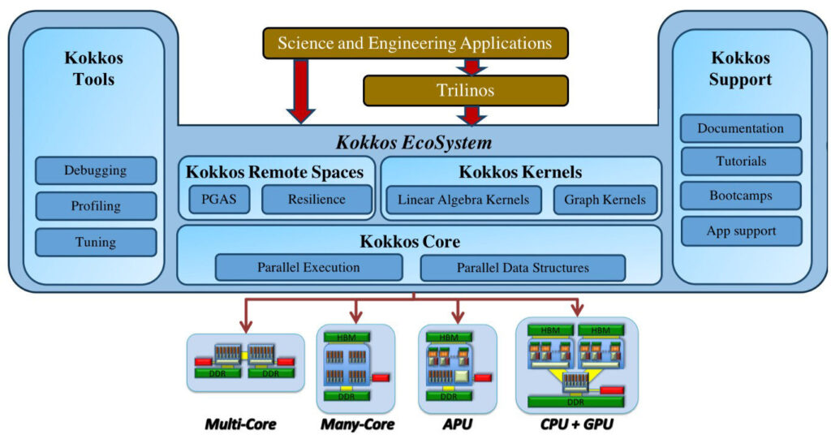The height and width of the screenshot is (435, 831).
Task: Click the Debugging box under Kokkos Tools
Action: click(96, 170)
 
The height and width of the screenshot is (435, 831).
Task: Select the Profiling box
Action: click(96, 206)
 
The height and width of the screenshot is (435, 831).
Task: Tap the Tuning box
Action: click(96, 242)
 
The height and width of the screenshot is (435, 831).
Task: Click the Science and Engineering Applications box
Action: click(415, 43)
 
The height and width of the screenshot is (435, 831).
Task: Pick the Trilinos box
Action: click(466, 90)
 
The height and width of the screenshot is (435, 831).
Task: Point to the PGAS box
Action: click(219, 200)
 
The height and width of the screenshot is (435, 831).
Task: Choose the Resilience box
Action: click(317, 200)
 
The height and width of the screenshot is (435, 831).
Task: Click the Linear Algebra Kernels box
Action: click(463, 200)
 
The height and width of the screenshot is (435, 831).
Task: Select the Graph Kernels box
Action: click(605, 200)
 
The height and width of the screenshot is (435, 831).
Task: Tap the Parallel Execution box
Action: click(308, 268)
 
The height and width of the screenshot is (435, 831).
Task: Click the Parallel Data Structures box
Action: click(523, 268)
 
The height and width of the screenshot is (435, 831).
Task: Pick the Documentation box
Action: click(741, 128)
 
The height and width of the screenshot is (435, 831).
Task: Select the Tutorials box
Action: click(741, 162)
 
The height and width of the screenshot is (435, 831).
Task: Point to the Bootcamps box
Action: click(741, 196)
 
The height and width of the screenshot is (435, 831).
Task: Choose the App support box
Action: click(741, 231)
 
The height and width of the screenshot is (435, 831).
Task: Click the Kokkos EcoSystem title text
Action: click(414, 143)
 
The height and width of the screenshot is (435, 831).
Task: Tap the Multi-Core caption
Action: click(240, 424)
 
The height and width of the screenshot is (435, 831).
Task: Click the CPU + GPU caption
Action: click(577, 424)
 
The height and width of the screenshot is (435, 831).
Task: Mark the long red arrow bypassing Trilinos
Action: click(301, 91)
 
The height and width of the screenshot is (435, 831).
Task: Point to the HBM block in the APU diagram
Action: click(449, 338)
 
